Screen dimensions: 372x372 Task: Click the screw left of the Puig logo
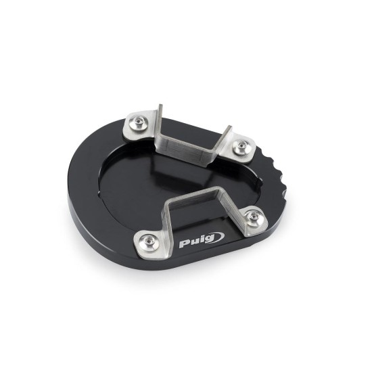click(x=149, y=242)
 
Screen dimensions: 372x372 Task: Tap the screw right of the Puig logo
click(x=254, y=216)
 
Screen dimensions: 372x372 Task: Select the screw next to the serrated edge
click(x=241, y=145)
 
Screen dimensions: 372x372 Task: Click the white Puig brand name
click(x=196, y=241)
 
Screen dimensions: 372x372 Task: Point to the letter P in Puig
click(x=183, y=244)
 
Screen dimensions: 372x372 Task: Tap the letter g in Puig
click(x=209, y=239)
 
